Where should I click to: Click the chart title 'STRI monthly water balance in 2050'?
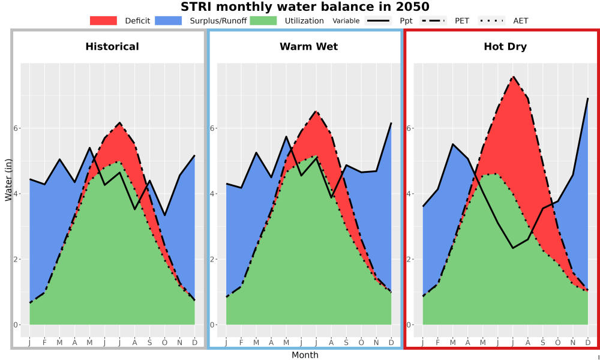click(x=305, y=7)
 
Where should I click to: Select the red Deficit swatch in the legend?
click(x=103, y=20)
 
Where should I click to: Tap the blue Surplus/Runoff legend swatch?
click(x=169, y=20)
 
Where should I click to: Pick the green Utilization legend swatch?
click(x=263, y=20)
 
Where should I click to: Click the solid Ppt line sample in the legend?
click(x=378, y=20)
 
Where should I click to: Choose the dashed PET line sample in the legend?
click(x=433, y=20)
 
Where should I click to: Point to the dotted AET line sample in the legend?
click(x=492, y=20)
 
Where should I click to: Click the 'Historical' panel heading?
click(x=112, y=47)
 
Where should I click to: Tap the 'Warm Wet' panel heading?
click(x=309, y=47)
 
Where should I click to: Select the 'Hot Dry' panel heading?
click(x=505, y=47)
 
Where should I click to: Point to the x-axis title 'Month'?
click(x=305, y=355)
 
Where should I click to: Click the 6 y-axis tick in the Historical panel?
click(x=16, y=128)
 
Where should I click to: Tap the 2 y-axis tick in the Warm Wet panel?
click(x=212, y=259)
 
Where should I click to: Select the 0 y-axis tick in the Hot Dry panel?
click(x=409, y=325)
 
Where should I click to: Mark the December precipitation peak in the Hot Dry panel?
click(x=588, y=98)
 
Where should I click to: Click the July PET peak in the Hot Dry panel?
click(x=513, y=77)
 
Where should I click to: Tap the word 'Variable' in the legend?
click(x=346, y=21)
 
